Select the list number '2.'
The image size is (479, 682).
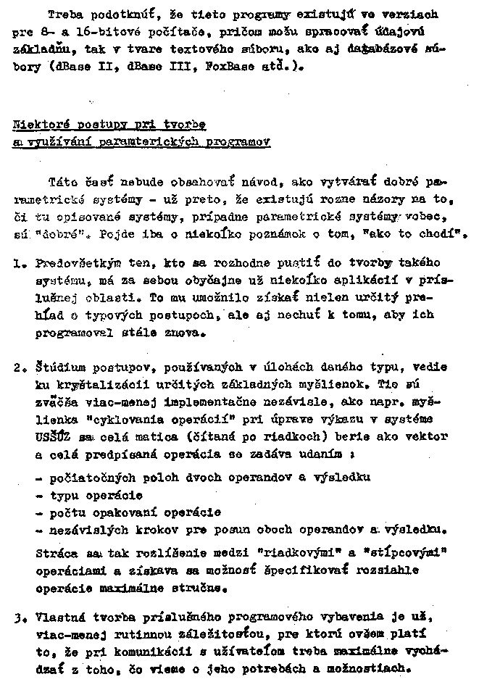[20, 367]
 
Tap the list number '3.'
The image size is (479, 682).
[20, 618]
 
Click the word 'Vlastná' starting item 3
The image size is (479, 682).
[60, 618]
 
